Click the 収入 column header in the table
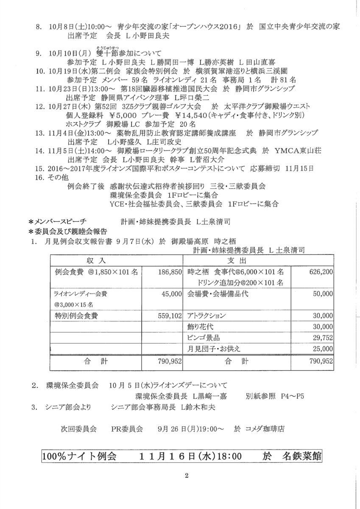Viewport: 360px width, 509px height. point(96,260)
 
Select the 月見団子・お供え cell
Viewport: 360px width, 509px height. point(214,349)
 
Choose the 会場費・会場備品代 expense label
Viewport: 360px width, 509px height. point(218,294)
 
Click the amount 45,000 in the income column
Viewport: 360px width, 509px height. point(172,294)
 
